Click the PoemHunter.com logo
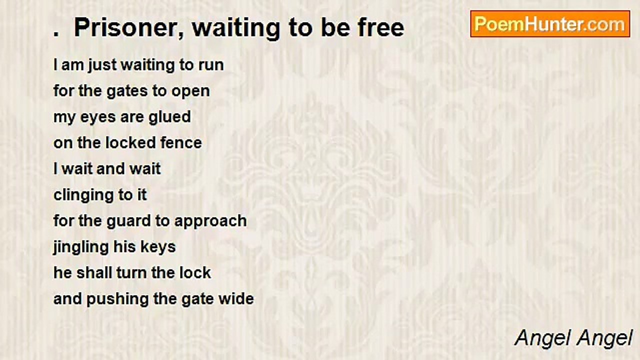click(x=550, y=23)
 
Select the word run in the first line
click(x=211, y=65)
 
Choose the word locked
click(x=122, y=143)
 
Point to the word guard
click(x=128, y=221)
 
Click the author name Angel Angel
click(x=573, y=338)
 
